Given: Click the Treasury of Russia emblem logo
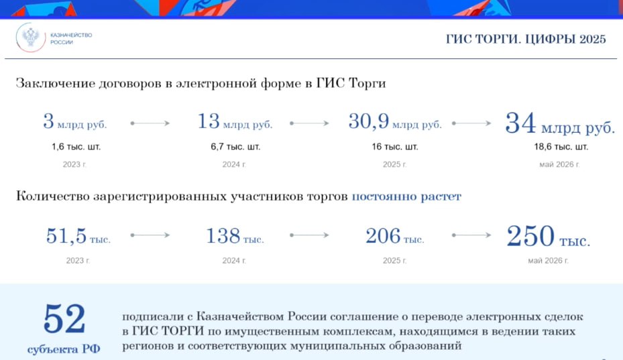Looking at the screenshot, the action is point(31,38).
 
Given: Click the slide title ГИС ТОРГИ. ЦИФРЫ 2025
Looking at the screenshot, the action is point(526,39).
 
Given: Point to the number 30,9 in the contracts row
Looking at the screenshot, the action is point(368,121).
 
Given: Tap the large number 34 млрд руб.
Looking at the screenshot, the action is point(560,123).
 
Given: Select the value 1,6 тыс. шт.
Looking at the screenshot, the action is point(76,147).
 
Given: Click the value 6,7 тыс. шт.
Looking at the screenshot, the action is point(235,147).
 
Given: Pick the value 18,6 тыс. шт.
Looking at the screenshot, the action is point(561,147).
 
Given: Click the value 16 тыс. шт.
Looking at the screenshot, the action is point(394,147).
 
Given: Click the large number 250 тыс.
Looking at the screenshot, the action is point(549,236).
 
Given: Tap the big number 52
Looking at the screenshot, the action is point(64,318).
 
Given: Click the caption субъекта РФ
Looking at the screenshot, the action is point(64,349).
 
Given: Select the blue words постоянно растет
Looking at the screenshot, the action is point(406,196).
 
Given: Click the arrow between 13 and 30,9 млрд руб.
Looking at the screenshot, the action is point(309,123).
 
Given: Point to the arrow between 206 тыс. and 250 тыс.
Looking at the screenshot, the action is point(471,235).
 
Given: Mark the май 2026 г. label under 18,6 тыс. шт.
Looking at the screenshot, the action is point(559,164).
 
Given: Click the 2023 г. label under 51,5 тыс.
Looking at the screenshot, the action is point(78,261).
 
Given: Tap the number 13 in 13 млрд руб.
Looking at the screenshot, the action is point(209,121).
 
